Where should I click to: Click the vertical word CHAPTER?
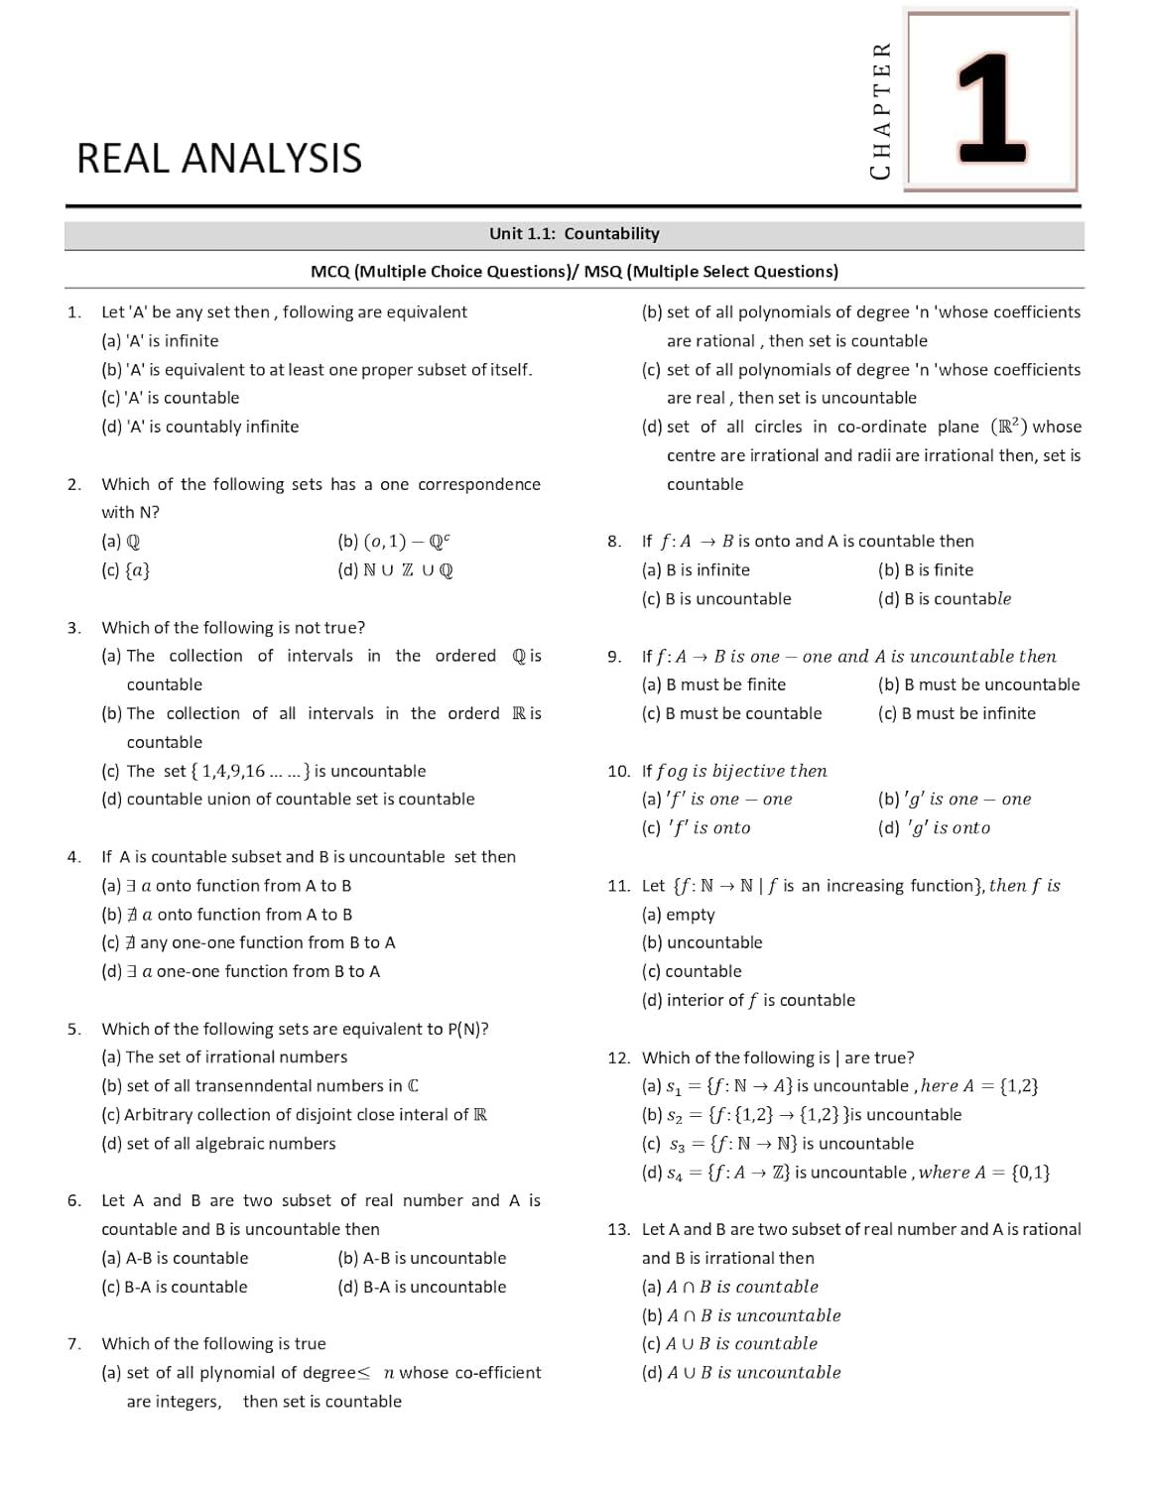coord(880,110)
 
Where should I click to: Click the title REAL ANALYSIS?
coord(219,159)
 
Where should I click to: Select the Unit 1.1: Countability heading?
coord(574,234)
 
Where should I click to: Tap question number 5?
coord(74,1029)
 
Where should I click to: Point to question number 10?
coord(618,771)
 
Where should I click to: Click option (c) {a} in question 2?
coord(126,570)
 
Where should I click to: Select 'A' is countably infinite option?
coord(199,427)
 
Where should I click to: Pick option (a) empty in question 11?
coord(678,915)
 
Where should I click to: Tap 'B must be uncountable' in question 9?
coord(978,684)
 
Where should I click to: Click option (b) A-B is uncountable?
coord(422,1258)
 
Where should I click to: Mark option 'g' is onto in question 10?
coord(934,828)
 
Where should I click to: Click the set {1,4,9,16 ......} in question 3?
coord(252,771)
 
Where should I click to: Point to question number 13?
coord(618,1229)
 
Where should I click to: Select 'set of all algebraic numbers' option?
coord(218,1144)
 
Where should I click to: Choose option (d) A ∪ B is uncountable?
coord(741,1373)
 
